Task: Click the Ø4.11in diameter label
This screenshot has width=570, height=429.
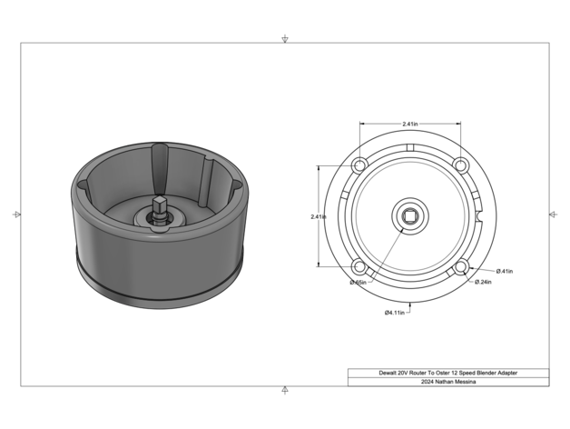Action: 395,313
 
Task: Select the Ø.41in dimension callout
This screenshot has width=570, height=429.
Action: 505,271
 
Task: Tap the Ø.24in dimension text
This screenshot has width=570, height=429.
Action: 483,282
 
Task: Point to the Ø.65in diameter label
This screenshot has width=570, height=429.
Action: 359,283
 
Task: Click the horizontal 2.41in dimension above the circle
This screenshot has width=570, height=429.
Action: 410,124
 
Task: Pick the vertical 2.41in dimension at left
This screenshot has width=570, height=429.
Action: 319,216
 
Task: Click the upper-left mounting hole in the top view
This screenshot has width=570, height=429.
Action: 359,165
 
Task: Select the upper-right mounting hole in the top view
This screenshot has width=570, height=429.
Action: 460,165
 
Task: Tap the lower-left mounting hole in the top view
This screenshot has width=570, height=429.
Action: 359,267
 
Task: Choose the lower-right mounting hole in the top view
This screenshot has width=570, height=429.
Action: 460,267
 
